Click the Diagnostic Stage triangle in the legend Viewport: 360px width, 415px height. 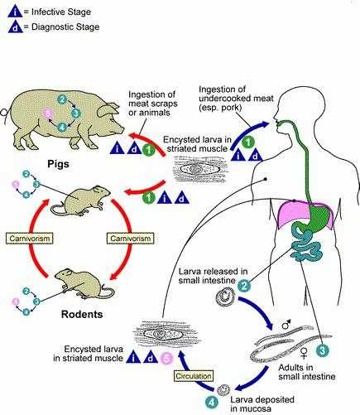coord(16,27)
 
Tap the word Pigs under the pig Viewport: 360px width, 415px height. coord(58,164)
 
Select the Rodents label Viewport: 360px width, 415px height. coord(82,314)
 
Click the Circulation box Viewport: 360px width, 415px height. coord(194,376)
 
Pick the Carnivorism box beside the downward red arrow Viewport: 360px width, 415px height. coord(130,239)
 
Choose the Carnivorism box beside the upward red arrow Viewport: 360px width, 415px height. coord(30,239)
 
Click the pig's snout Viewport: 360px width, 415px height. coord(121,129)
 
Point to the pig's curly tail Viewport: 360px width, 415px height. coord(5,112)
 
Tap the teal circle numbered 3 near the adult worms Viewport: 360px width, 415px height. coord(323,351)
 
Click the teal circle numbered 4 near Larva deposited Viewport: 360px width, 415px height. coord(212,403)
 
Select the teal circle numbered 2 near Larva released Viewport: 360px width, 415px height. coord(244,286)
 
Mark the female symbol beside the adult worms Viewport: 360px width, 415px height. coord(304,353)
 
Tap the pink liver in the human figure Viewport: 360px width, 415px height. coord(292,213)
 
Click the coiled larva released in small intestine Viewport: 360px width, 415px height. coord(225,297)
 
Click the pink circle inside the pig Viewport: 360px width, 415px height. coord(49,113)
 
